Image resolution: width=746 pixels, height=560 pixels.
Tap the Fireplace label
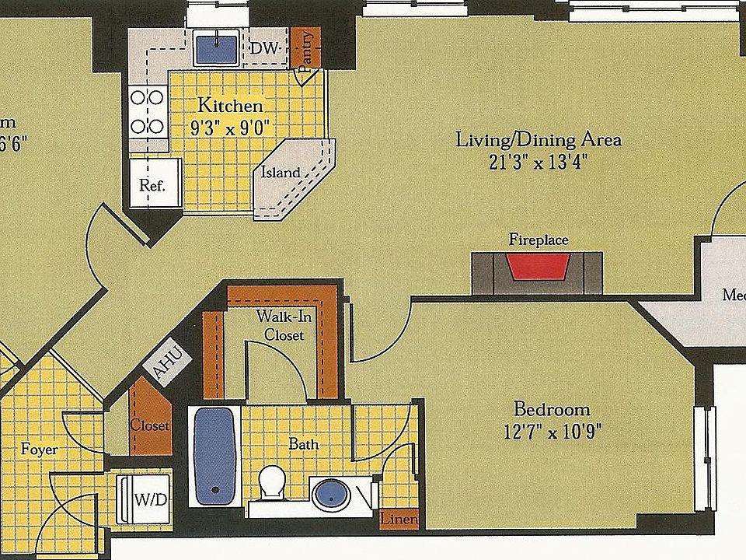[x=538, y=240]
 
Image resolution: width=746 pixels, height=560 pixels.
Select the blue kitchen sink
[x=217, y=49]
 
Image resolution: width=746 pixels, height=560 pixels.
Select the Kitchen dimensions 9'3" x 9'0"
[x=229, y=128]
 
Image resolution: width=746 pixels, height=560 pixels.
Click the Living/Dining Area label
[x=538, y=141]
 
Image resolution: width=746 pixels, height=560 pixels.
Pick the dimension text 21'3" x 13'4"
[x=538, y=163]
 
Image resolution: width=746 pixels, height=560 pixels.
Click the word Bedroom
[x=552, y=409]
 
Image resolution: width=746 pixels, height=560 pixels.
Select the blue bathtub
[x=214, y=454]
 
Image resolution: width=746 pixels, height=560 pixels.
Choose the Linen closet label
[x=399, y=519]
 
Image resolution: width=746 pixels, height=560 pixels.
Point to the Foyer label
[x=39, y=450]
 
